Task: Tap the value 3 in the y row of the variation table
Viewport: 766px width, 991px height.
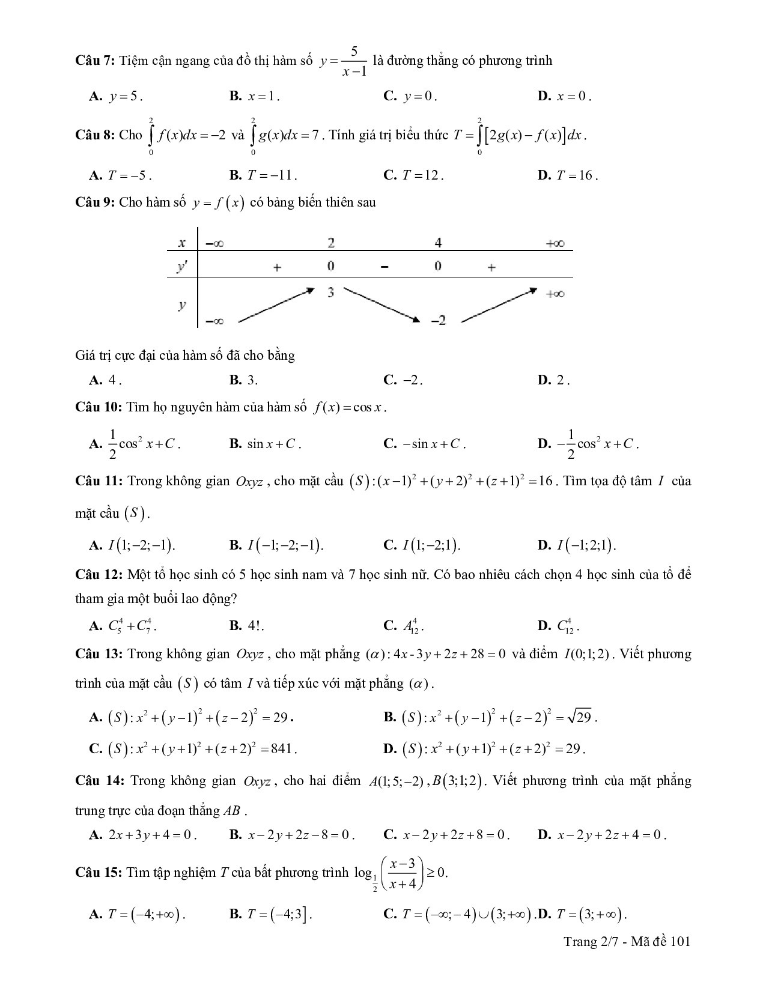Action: tap(331, 292)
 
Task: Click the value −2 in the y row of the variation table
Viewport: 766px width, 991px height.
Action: tap(438, 321)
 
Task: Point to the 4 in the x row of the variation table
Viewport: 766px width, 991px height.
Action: tap(438, 243)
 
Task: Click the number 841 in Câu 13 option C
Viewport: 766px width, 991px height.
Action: tap(282, 749)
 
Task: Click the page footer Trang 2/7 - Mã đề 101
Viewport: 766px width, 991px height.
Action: tap(627, 941)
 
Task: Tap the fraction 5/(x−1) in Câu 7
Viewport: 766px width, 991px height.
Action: tap(354, 62)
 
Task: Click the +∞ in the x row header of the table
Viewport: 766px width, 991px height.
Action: tap(555, 243)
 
